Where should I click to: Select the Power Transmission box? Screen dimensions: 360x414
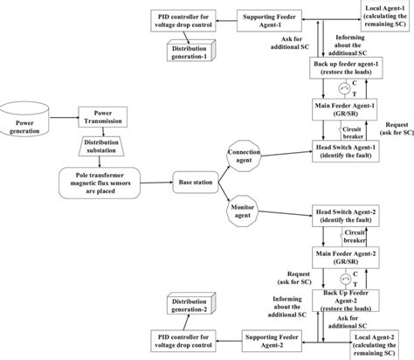point(104,117)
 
